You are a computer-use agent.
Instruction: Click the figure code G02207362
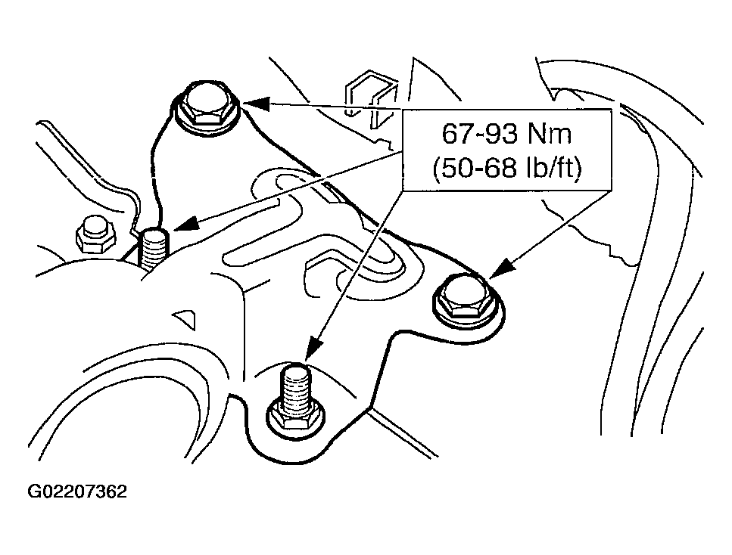(77, 492)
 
